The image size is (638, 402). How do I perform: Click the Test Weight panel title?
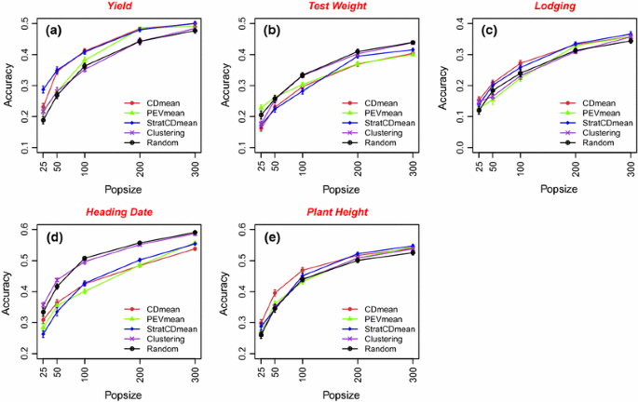point(339,7)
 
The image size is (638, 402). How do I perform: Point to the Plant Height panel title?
point(339,212)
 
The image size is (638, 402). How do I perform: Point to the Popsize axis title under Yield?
point(118,189)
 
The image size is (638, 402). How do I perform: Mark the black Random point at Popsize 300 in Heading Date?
point(194,233)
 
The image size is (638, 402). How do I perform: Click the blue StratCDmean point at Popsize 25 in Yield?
point(43,89)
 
